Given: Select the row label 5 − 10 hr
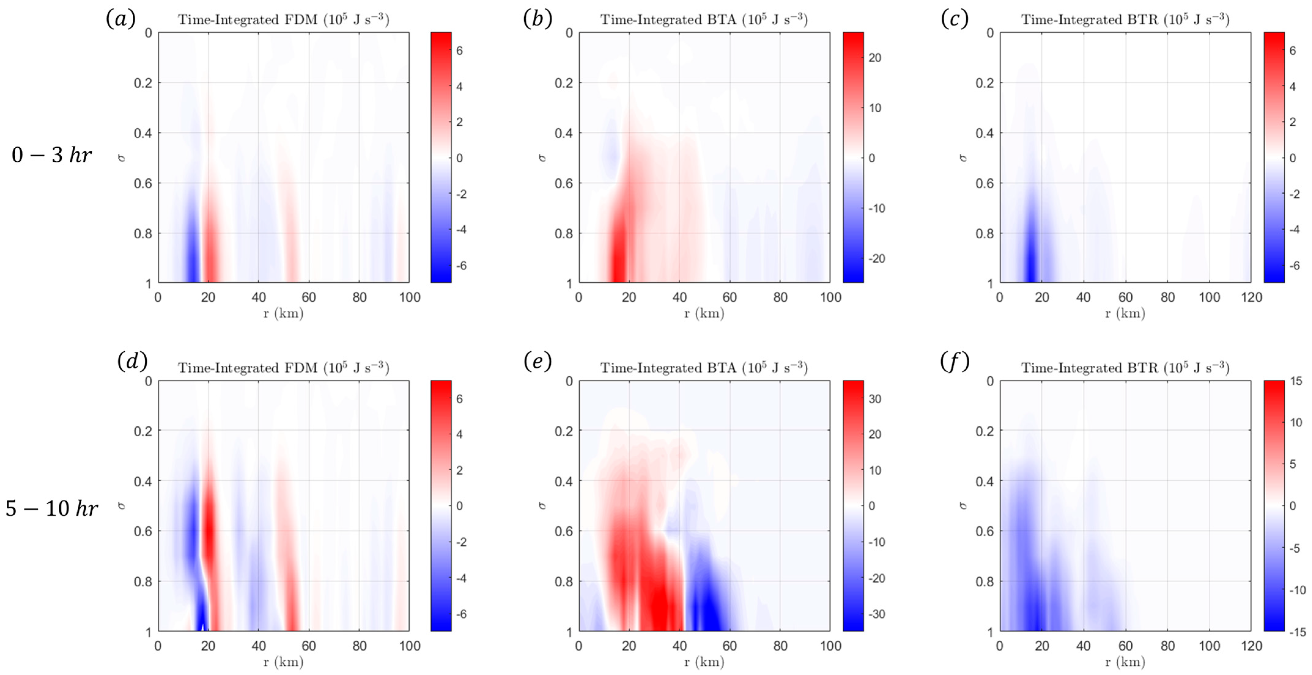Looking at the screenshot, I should coord(51,508).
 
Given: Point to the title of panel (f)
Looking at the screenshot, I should coord(1125,368).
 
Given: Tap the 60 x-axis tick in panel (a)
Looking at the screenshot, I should coord(309,298).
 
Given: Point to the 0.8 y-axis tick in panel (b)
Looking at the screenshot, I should coord(564,234).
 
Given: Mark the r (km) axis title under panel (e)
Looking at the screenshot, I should coord(704,662).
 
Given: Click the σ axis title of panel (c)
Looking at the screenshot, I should coord(963,158).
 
